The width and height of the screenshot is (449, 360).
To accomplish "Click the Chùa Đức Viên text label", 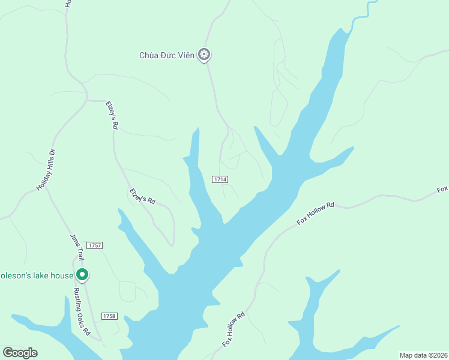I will [x=167, y=56].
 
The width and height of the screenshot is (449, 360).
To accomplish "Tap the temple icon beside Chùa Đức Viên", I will [x=205, y=55].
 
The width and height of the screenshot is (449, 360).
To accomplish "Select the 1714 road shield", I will [x=220, y=179].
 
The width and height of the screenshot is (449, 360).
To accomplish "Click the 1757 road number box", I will [x=94, y=245].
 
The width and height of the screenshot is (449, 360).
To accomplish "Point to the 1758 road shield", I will [x=109, y=316].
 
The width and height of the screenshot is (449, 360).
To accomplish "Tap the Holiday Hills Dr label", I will [x=46, y=170].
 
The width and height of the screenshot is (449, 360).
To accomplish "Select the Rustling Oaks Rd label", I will [x=82, y=311].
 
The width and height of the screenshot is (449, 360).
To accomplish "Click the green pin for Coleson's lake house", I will [x=82, y=275].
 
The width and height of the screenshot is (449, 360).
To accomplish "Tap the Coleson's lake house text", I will [x=36, y=276].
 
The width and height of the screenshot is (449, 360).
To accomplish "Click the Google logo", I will [x=20, y=352].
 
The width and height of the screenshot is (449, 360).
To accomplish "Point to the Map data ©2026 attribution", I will [x=423, y=355].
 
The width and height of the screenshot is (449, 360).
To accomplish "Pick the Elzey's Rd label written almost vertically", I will [x=112, y=115].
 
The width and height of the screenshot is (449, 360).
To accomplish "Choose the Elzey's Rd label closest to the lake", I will [x=143, y=197].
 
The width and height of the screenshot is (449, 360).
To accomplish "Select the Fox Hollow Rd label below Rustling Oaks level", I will [x=234, y=329].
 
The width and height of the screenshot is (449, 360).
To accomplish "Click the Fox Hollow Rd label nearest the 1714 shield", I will [x=315, y=214].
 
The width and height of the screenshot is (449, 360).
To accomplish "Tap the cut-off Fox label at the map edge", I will [x=442, y=190].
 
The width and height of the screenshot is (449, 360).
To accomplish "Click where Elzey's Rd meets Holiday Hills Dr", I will [x=88, y=101].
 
